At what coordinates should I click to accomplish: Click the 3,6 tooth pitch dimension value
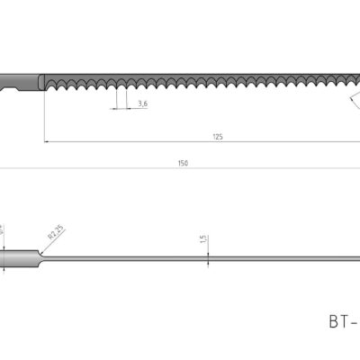(143, 104)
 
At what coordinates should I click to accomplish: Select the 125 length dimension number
(218, 136)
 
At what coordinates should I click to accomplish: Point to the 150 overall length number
(183, 163)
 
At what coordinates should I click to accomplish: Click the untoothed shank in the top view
(22, 79)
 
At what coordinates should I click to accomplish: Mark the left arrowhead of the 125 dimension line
(47, 141)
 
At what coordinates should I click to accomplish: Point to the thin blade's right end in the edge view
(356, 260)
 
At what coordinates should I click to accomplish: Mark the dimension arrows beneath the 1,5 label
(209, 259)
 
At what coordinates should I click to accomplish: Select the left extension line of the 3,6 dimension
(114, 99)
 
